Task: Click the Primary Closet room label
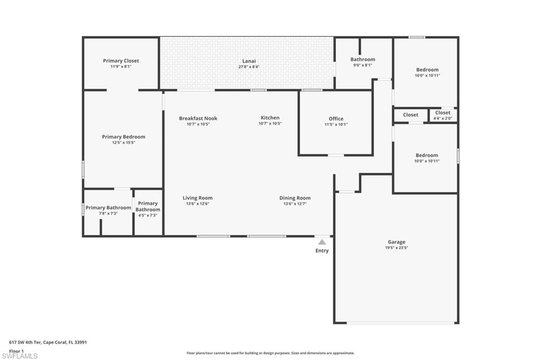(x=121, y=61)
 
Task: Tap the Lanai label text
(x=249, y=61)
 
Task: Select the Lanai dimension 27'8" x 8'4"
(x=249, y=67)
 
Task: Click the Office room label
(x=336, y=119)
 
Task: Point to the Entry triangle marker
(x=322, y=242)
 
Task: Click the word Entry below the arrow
(x=322, y=251)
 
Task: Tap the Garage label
(x=397, y=242)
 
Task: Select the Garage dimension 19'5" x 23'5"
(x=397, y=248)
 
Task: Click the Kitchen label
(x=270, y=118)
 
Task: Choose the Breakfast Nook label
(x=198, y=118)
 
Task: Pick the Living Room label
(x=198, y=198)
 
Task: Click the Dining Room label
(x=295, y=198)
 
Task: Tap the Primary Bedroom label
(x=123, y=137)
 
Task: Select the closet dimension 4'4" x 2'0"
(x=443, y=118)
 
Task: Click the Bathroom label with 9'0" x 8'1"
(x=363, y=59)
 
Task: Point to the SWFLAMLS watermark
(x=20, y=356)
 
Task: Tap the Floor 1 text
(x=17, y=350)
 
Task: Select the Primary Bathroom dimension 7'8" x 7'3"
(x=108, y=214)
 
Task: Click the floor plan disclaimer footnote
(x=270, y=353)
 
